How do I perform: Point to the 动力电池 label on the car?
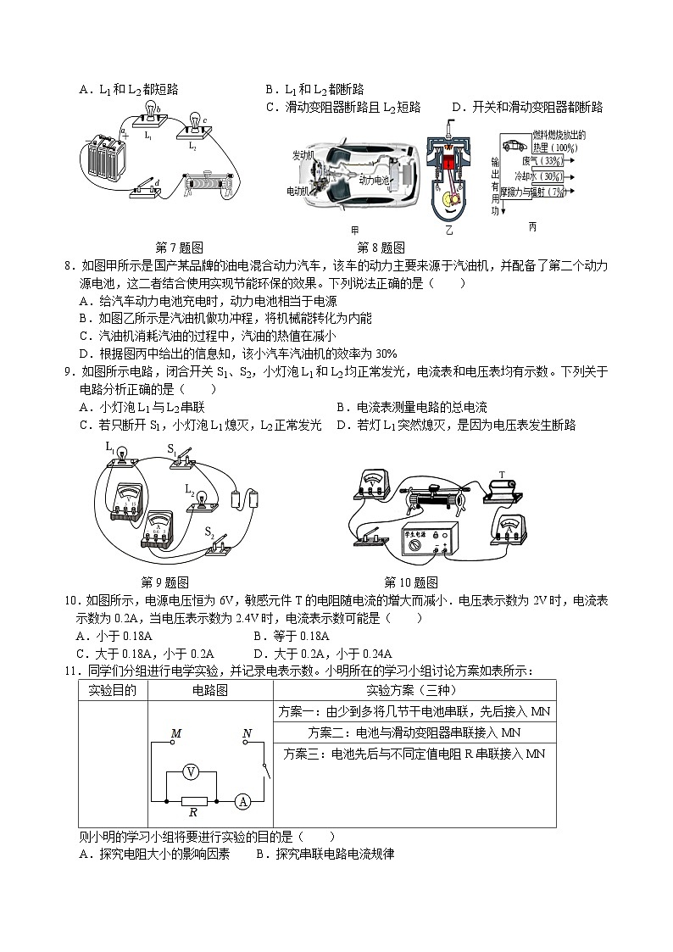[374, 181]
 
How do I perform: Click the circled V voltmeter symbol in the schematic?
[192, 771]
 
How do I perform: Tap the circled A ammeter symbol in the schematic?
[242, 799]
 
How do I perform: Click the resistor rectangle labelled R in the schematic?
[193, 799]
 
